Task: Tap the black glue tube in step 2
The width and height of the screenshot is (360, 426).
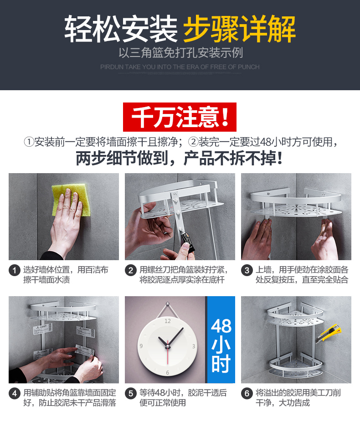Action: [187, 240]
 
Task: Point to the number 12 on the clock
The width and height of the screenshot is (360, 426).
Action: [168, 321]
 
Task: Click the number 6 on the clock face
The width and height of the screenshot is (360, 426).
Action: [167, 373]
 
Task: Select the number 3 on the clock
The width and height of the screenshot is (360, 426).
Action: [194, 346]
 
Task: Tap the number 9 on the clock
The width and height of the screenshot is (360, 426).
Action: [141, 346]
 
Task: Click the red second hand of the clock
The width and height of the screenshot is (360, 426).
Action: [168, 352]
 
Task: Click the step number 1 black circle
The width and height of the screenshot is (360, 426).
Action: [15, 271]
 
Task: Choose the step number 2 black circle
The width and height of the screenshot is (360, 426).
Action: [131, 271]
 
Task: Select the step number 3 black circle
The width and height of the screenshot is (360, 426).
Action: [247, 271]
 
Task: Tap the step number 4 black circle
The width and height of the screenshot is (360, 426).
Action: [15, 394]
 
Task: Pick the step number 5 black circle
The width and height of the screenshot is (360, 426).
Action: [131, 394]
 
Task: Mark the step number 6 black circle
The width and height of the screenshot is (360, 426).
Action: [247, 394]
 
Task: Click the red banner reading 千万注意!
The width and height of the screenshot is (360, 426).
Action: [180, 117]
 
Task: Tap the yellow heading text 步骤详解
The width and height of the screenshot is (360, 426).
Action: [240, 29]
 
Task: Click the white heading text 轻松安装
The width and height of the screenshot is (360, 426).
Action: [121, 29]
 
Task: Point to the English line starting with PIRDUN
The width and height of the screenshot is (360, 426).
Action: [180, 67]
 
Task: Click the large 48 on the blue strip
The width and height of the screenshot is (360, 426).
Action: [221, 326]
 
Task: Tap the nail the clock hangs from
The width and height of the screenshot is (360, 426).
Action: [168, 303]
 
